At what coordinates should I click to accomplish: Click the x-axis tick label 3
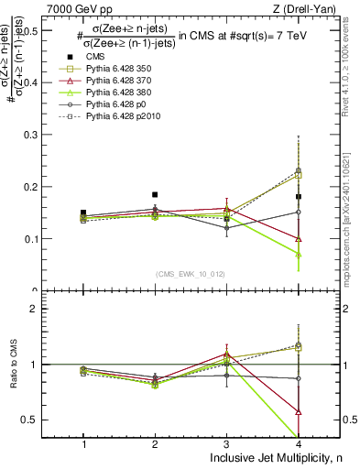[x=227, y=444]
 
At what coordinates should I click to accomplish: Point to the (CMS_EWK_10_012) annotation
[x=190, y=273]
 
